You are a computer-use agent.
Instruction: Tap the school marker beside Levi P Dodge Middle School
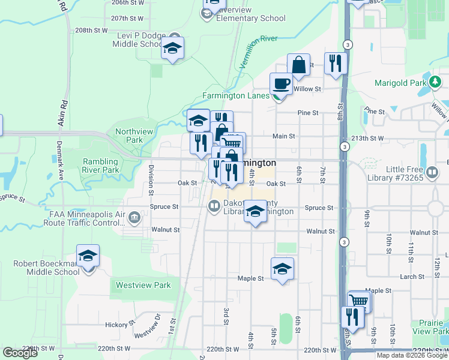pos(172,49)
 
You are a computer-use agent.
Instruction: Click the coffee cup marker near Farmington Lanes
pos(280,83)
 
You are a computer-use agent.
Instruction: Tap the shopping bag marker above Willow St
pos(298,65)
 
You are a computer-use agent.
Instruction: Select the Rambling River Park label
pos(100,166)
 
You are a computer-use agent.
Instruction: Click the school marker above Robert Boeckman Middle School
pos(88,256)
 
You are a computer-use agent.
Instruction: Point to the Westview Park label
pos(143,286)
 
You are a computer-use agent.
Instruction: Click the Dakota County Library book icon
pos(213,207)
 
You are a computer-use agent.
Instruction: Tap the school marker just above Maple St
pos(282,269)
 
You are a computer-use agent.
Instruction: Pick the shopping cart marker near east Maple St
pos(360,301)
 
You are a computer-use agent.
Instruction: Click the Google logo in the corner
pos(20,353)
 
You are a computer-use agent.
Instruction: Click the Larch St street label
pos(412,277)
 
